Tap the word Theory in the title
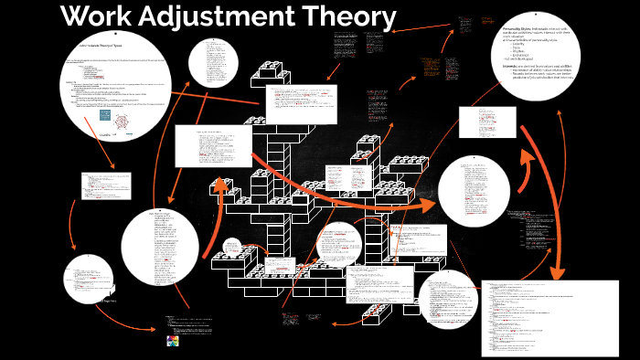[x=355, y=17]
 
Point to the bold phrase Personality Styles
[x=523, y=29]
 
